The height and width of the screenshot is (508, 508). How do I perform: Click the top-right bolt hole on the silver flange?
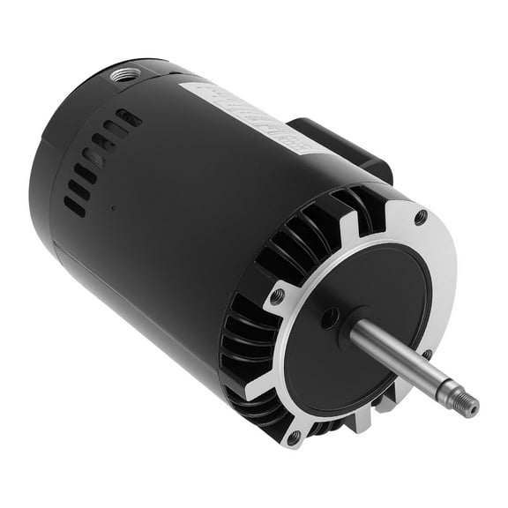[x=420, y=215]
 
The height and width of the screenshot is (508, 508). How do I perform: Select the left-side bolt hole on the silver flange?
[x=278, y=297]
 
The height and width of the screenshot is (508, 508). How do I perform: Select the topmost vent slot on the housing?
[x=129, y=117]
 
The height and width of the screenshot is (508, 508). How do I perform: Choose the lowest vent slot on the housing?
[x=74, y=205]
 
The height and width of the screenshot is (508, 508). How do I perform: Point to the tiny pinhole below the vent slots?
[x=113, y=208]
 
